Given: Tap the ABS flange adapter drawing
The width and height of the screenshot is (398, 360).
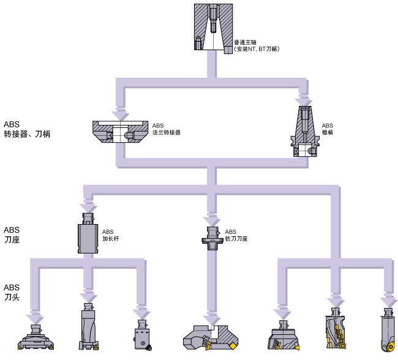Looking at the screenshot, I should [x=120, y=132].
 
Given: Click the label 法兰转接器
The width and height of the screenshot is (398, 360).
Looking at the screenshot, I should [x=167, y=132].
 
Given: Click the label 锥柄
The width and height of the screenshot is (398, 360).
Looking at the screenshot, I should [x=328, y=132].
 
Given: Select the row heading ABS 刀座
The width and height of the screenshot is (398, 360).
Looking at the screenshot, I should [x=12, y=233].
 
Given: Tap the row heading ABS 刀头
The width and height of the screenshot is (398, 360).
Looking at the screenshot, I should [x=12, y=292].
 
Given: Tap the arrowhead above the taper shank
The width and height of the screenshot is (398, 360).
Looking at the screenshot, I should [x=303, y=98].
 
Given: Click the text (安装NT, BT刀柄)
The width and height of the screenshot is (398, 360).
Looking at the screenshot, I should [x=257, y=48].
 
